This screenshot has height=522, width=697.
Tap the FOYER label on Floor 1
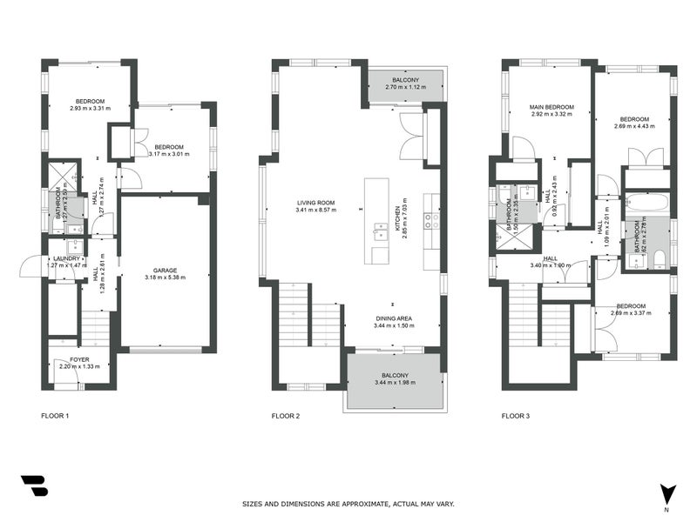click(x=79, y=359)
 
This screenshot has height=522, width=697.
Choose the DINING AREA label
click(x=396, y=318)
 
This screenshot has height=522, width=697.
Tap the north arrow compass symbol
click(x=667, y=493)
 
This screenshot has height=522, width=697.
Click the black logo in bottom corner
click(x=34, y=485)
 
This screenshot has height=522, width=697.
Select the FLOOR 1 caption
click(x=55, y=416)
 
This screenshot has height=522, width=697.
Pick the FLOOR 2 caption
click(x=286, y=416)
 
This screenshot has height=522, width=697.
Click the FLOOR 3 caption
click(x=515, y=416)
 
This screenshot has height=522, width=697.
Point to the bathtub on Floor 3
click(x=646, y=204)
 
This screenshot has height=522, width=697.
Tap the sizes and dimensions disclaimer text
click(x=348, y=504)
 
